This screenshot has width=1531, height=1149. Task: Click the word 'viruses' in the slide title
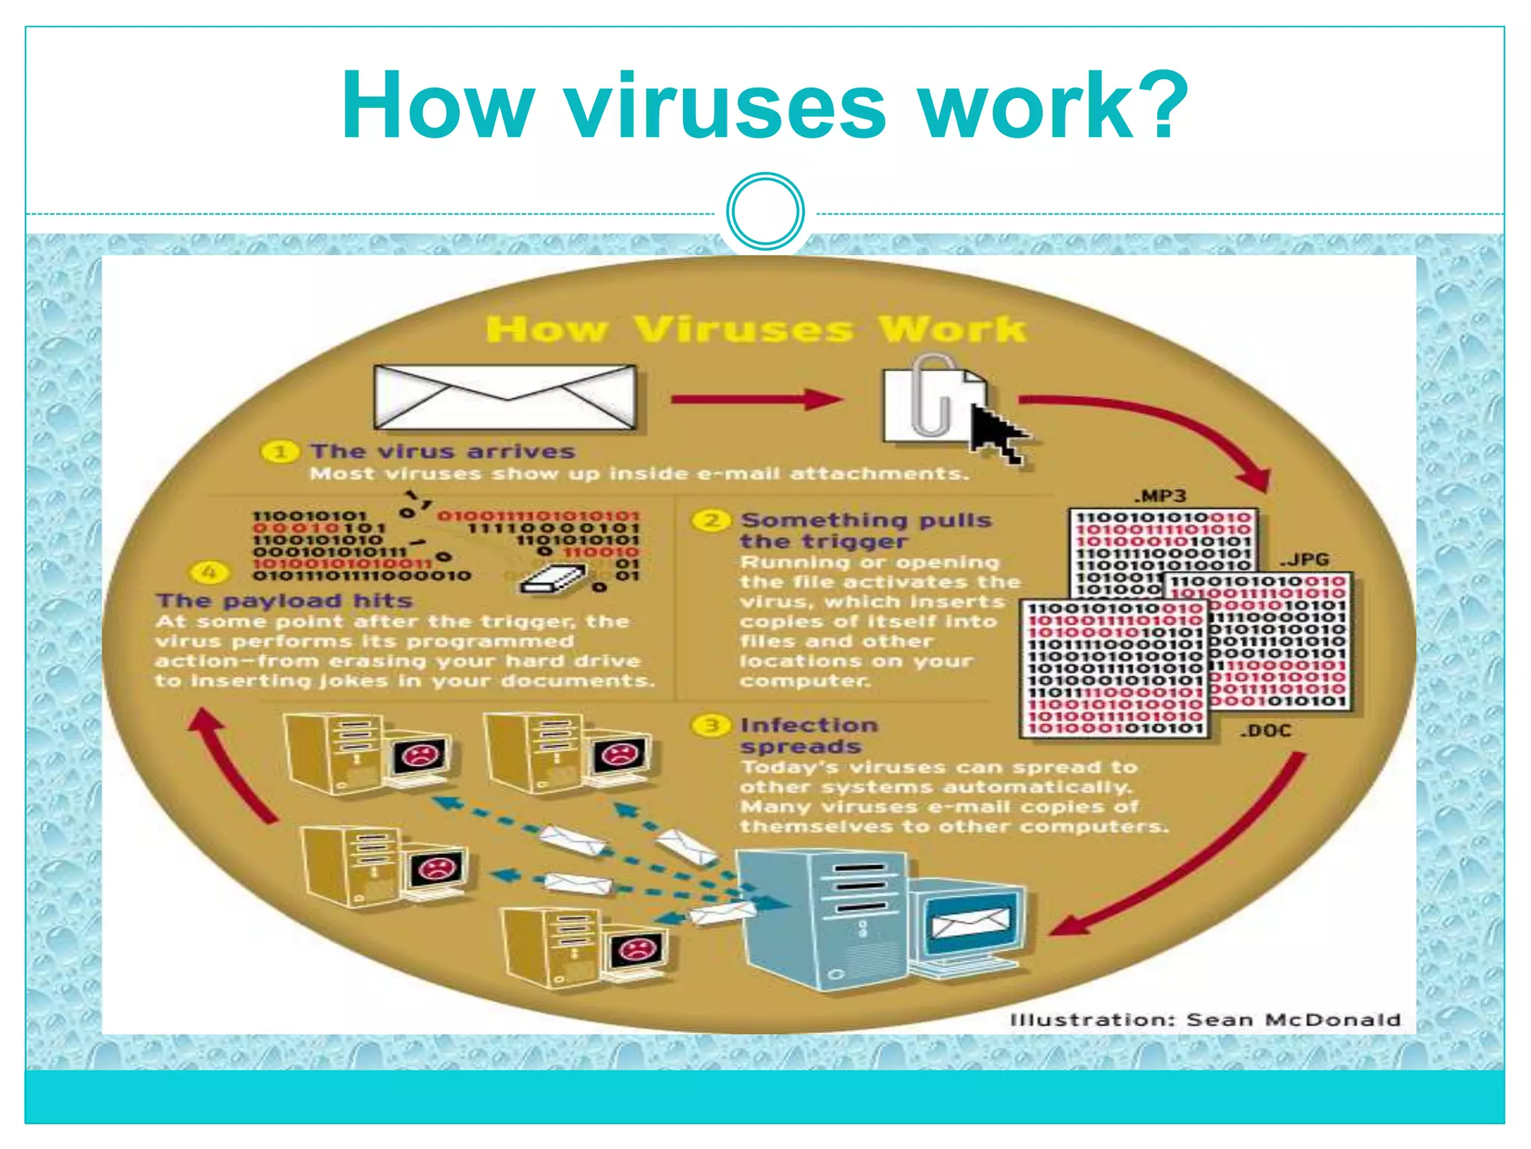tap(725, 107)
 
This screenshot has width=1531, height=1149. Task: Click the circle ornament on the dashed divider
tap(765, 212)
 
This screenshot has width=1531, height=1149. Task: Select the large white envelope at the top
tap(505, 398)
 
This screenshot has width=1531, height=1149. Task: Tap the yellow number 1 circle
tap(280, 452)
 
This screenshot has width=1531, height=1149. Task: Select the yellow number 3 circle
tap(711, 725)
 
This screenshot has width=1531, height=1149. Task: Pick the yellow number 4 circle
tap(210, 573)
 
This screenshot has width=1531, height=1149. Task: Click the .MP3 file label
tap(1159, 496)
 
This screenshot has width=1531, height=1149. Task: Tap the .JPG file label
tap(1304, 560)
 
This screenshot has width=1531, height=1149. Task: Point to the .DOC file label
tap(1266, 731)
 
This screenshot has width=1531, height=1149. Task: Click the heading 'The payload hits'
tap(284, 601)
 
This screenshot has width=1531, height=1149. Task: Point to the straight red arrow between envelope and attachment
tap(755, 399)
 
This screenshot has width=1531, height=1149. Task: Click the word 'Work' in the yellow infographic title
tap(952, 329)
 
